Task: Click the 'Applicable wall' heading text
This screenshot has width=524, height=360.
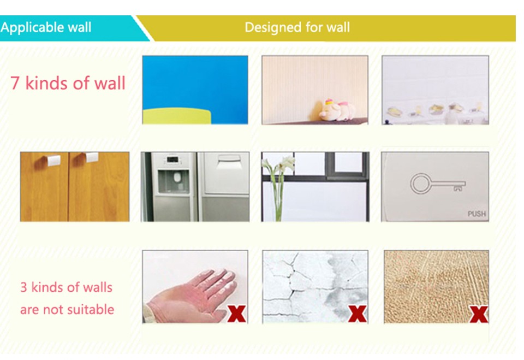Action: (46, 27)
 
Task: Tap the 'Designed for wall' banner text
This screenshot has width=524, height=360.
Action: (297, 27)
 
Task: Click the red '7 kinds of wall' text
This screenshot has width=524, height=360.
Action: (68, 83)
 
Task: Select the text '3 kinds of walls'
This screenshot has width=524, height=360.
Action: (66, 287)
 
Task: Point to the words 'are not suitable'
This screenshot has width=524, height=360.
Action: (67, 310)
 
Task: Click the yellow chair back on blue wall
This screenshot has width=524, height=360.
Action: (177, 116)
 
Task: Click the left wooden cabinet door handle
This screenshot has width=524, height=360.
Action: (53, 160)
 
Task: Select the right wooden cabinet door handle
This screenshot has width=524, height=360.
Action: (91, 157)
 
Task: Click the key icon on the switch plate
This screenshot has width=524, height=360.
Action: (438, 184)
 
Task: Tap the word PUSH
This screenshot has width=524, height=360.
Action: (477, 214)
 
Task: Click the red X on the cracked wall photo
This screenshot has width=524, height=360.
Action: (357, 314)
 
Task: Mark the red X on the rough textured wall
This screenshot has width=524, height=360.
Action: (479, 314)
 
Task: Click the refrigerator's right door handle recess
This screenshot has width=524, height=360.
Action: (229, 162)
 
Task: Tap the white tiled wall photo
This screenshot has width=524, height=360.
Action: (435, 90)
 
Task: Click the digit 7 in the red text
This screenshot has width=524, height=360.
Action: (15, 84)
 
